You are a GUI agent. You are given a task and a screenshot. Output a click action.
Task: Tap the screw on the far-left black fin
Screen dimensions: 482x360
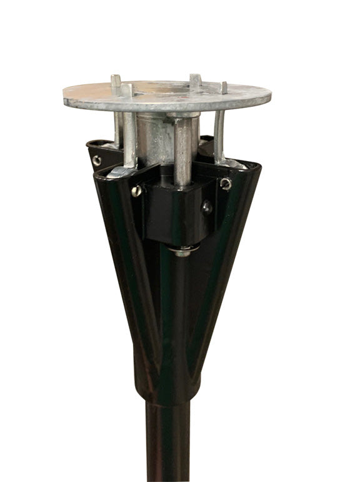click(96, 160)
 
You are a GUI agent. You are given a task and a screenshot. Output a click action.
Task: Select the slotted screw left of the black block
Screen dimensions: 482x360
click(136, 192)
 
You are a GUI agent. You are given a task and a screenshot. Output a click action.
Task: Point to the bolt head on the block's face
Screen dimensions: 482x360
click(207, 206)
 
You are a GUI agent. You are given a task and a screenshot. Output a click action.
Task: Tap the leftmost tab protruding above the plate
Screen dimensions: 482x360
click(116, 81)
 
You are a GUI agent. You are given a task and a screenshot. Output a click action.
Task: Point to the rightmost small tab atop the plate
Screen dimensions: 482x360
click(224, 87)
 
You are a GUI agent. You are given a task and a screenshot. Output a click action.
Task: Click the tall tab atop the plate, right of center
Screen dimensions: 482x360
click(196, 81)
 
